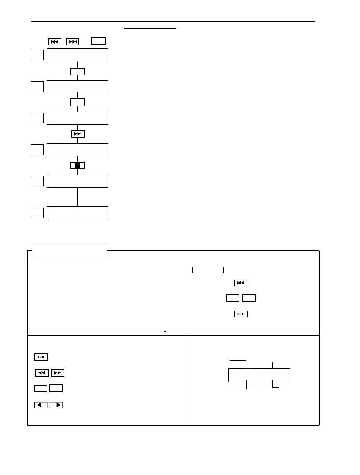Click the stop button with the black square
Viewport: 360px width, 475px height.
pos(77,165)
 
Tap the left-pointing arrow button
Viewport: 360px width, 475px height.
pos(41,405)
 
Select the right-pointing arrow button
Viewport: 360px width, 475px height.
pos(56,405)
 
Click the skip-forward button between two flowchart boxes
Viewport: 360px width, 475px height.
pos(77,134)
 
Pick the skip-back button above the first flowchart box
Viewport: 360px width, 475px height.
pos(55,42)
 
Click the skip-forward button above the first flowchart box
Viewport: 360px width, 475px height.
pos(72,42)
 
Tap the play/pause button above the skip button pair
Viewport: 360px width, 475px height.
pos(41,357)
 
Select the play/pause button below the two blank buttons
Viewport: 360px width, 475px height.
pos(241,314)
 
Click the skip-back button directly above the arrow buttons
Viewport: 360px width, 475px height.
pos(42,373)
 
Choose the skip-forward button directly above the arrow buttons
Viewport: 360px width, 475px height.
pos(58,373)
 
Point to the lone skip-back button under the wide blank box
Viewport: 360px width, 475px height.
pos(241,283)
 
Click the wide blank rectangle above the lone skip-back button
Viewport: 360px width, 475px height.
pos(208,270)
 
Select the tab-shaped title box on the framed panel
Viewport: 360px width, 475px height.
pos(69,250)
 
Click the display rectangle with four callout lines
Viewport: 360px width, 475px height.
pos(259,375)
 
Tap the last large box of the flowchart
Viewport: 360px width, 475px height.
pos(77,212)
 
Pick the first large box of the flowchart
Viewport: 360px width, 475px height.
pos(77,55)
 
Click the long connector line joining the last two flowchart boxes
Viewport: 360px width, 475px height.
pos(77,197)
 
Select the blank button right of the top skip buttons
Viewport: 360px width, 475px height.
pos(98,41)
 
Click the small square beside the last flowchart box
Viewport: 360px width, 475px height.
pos(37,212)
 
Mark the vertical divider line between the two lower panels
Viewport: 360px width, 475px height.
pos(188,380)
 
